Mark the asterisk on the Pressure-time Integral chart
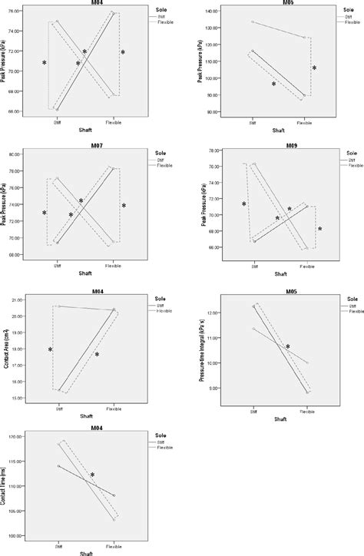click(x=287, y=347)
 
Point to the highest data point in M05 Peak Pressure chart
click(x=253, y=22)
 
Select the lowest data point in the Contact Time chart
click(x=114, y=520)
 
